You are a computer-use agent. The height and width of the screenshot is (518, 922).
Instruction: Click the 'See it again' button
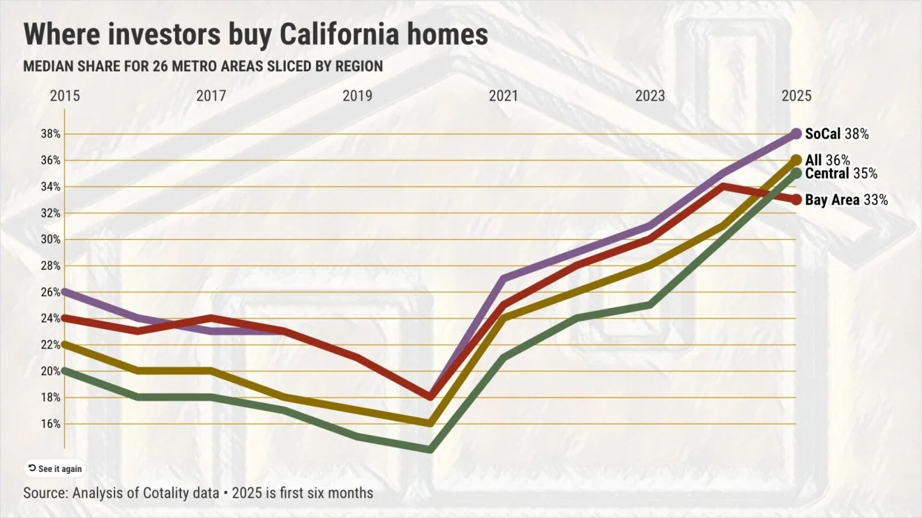[x=55, y=469]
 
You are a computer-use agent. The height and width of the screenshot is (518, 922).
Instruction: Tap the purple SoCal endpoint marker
[x=796, y=134]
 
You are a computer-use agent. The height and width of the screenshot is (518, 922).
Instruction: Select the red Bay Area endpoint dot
[x=796, y=199]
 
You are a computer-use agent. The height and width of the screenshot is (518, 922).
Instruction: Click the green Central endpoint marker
[x=796, y=173]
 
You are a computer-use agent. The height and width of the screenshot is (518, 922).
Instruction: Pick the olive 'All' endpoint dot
[x=796, y=160]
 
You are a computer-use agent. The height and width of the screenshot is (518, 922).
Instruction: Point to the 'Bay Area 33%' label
[x=846, y=199]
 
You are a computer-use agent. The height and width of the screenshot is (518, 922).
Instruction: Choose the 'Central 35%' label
[x=840, y=174]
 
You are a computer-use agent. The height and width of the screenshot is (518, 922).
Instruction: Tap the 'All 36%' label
[x=827, y=160]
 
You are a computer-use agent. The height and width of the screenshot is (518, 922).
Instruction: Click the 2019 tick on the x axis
[x=357, y=96]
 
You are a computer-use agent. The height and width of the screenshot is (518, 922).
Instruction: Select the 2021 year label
[x=503, y=96]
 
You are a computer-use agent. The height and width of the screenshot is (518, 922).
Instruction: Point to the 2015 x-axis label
[x=65, y=96]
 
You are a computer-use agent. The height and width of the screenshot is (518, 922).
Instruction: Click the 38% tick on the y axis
[x=51, y=134]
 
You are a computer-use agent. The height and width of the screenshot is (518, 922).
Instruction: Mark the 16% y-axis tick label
[x=51, y=424]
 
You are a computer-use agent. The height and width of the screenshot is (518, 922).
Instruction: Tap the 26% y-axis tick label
[x=51, y=292]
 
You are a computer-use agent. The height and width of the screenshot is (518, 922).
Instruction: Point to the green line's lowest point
[x=430, y=450]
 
